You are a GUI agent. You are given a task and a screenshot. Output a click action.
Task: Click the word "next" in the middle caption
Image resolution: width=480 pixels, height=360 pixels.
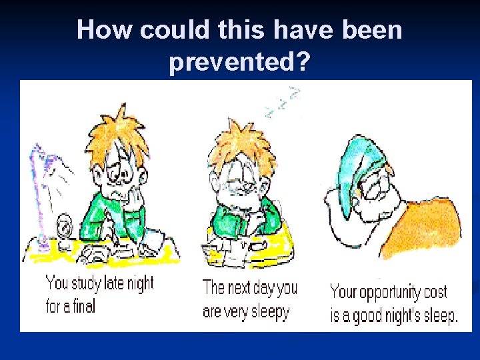(243, 288)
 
